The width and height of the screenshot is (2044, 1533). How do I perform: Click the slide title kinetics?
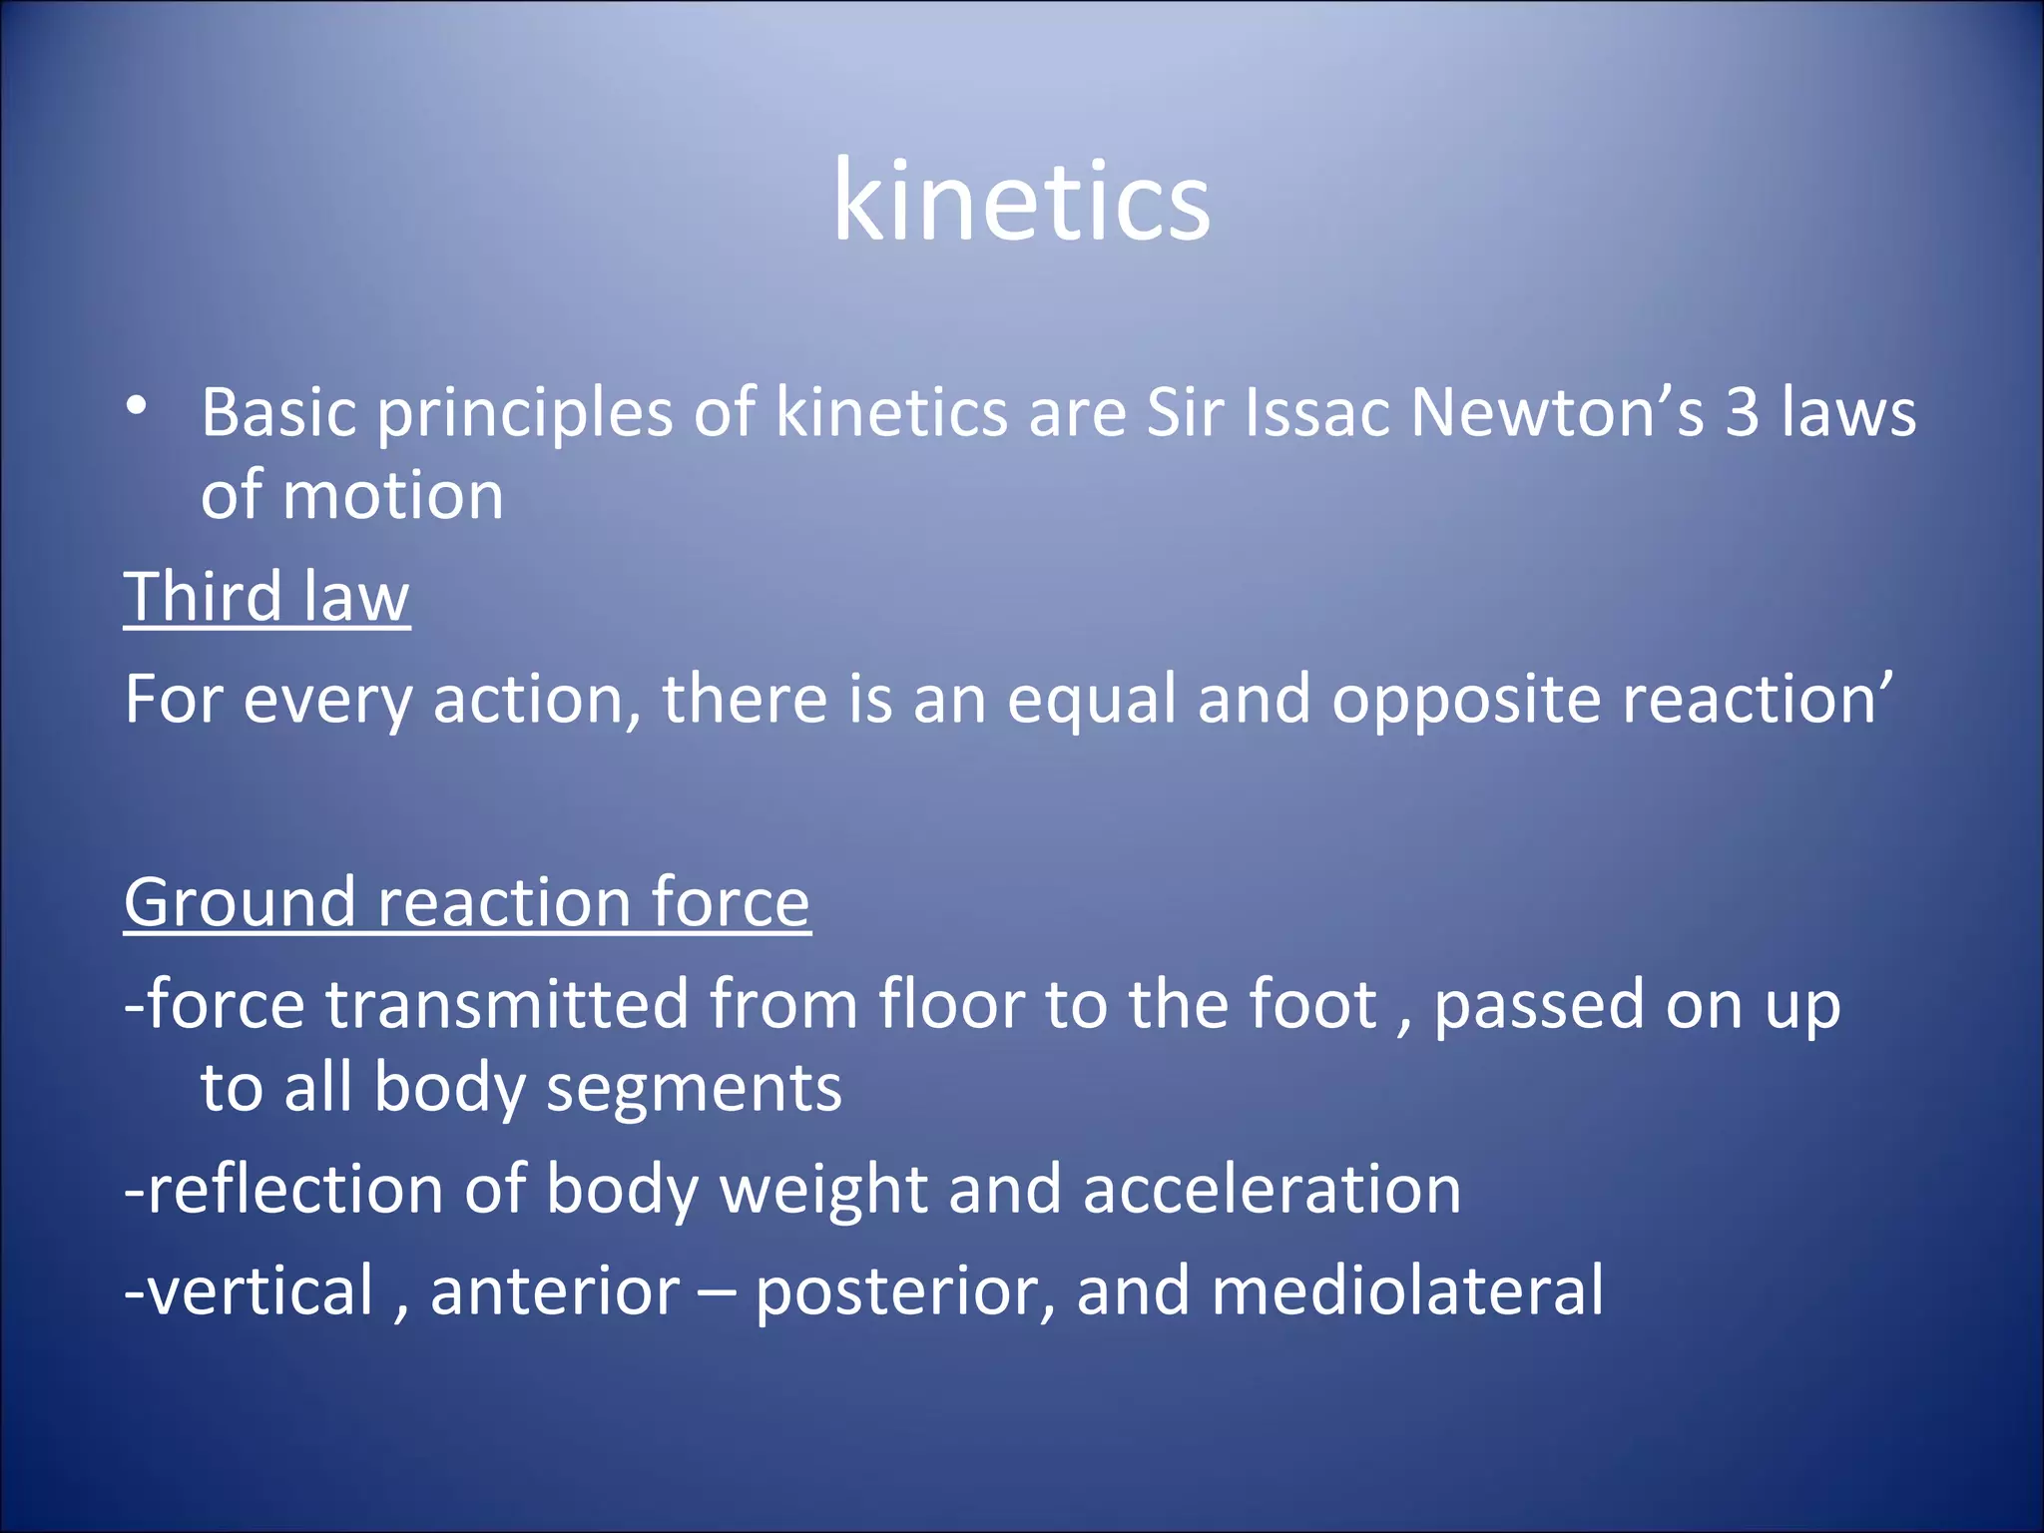(x=1021, y=203)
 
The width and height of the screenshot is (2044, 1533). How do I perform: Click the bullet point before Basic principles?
(x=137, y=406)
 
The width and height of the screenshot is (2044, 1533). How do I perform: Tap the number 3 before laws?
(x=1743, y=412)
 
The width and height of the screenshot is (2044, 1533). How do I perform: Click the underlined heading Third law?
(x=266, y=597)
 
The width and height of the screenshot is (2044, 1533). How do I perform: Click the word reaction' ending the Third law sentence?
(x=1757, y=699)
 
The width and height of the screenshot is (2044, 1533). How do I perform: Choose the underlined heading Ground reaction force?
(x=466, y=902)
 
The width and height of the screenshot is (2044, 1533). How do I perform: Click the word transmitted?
(x=507, y=1004)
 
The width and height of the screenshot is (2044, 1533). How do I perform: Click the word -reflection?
(x=283, y=1190)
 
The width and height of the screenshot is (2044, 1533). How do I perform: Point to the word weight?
(x=823, y=1192)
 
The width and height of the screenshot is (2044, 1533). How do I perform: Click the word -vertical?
(x=249, y=1291)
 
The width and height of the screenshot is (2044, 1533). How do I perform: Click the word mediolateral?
(x=1406, y=1291)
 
